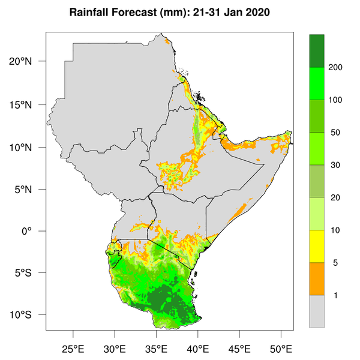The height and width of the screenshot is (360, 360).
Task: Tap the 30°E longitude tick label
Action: coord(115,347)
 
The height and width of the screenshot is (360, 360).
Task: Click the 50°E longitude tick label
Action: coord(281,347)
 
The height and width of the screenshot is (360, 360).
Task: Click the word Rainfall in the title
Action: coord(90,13)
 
